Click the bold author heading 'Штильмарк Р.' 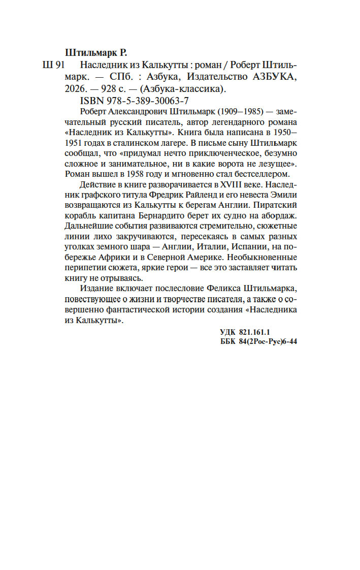[x=96, y=52]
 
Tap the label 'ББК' [x=226, y=342]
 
